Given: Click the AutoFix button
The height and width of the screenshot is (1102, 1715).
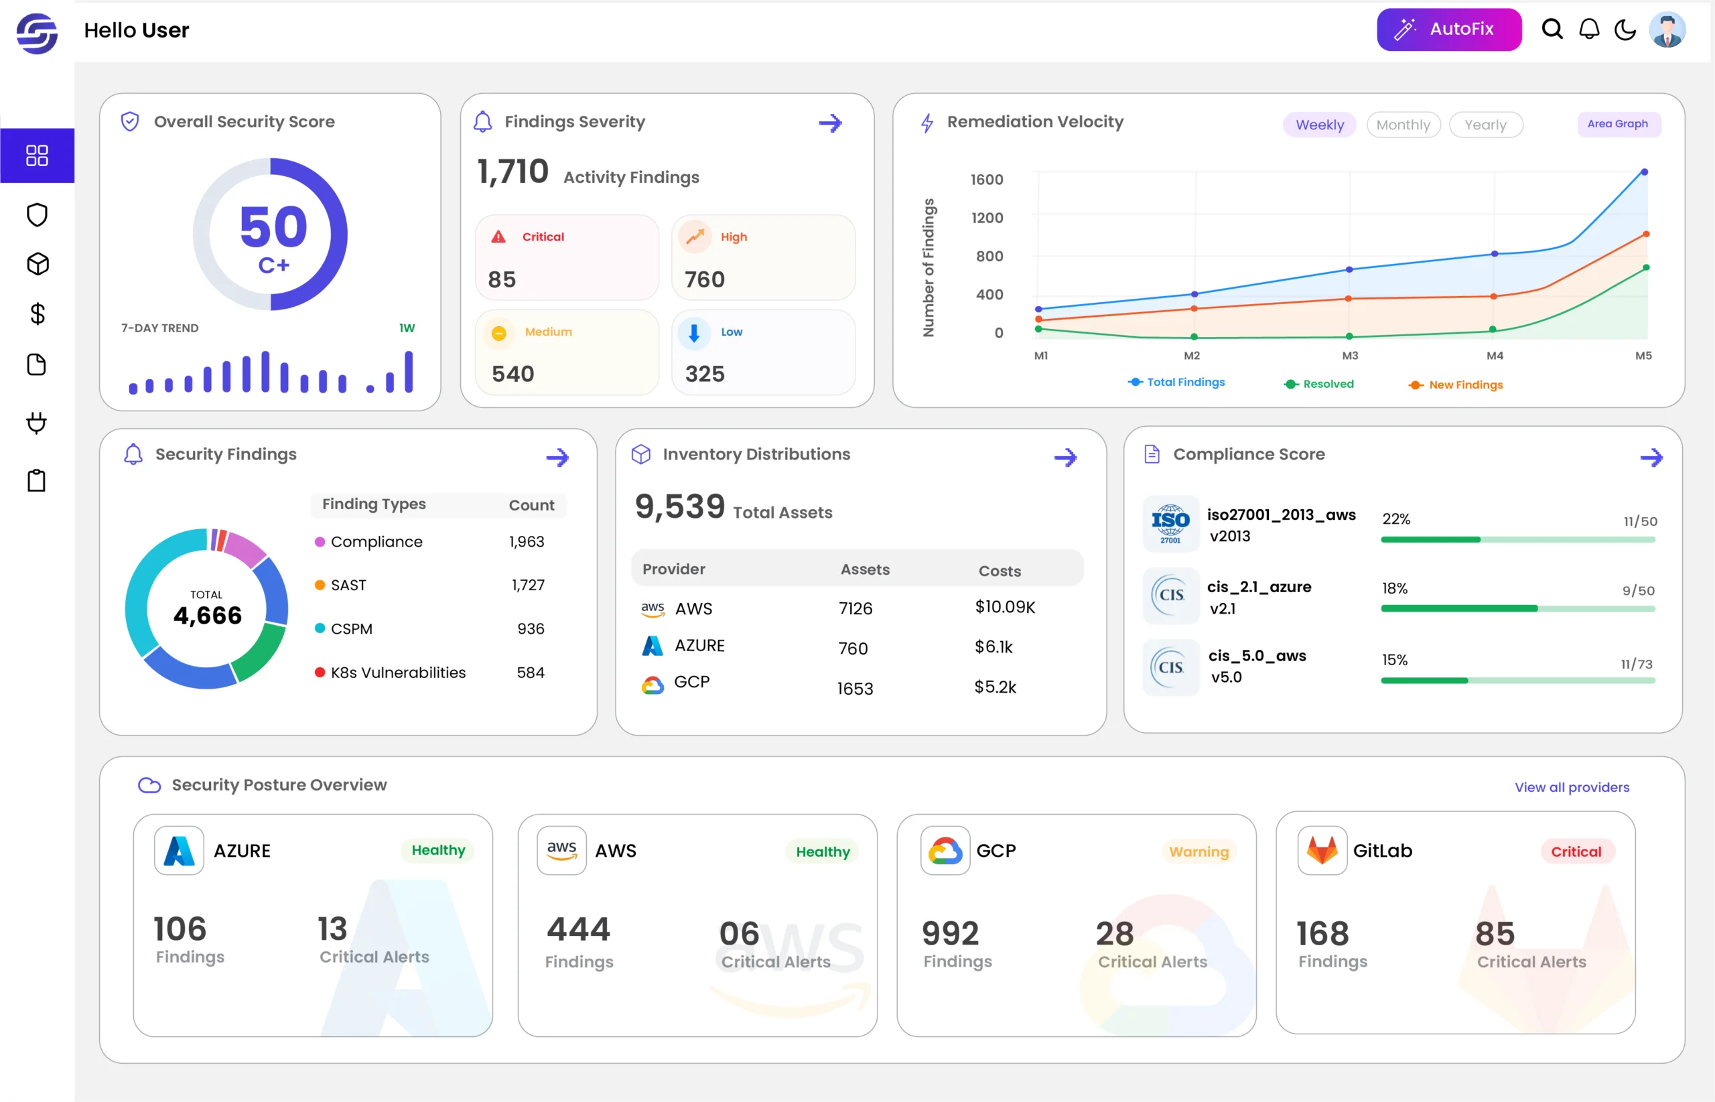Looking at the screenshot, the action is (x=1448, y=29).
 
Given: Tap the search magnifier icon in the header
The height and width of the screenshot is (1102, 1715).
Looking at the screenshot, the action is (x=1552, y=29).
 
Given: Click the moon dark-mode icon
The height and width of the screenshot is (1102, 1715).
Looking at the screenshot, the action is (x=1625, y=29).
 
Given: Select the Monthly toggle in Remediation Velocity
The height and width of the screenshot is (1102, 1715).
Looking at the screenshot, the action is (x=1402, y=125).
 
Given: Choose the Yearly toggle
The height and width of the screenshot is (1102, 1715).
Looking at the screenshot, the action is (x=1485, y=125).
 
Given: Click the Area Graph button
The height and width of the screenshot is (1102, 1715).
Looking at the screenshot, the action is (x=1618, y=124).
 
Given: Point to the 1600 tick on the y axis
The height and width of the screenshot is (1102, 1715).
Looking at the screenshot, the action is (x=987, y=180).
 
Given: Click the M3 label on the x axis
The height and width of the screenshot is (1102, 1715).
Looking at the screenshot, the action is (x=1349, y=356).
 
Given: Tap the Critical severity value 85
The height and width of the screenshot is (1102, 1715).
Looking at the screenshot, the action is (x=502, y=280).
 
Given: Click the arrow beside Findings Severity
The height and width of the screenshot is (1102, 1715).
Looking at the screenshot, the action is (x=830, y=123).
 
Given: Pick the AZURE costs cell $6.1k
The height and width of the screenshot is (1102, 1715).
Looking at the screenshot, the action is (x=993, y=647).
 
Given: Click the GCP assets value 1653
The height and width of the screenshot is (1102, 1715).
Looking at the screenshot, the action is (x=855, y=689).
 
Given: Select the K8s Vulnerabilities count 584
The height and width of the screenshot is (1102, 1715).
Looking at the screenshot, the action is (x=530, y=673).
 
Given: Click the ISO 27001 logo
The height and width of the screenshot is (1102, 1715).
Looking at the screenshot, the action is (x=1170, y=524).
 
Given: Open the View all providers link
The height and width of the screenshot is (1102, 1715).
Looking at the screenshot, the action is (x=1572, y=787).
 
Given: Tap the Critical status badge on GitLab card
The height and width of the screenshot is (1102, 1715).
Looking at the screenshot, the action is (x=1576, y=851).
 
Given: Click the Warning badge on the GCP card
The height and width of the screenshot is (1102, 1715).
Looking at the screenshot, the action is (x=1198, y=851).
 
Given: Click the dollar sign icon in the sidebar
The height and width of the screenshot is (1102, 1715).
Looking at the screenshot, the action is (x=38, y=314).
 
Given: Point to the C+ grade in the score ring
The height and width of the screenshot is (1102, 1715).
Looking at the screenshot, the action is (x=274, y=265).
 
